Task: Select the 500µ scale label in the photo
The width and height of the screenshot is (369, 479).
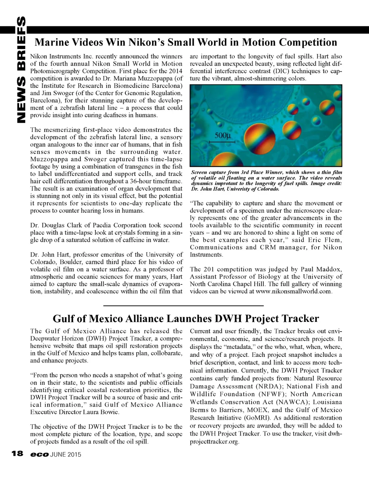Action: coord(222,136)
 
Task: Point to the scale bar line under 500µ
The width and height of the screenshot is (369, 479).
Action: coord(222,142)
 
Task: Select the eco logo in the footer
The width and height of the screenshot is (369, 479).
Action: coord(39,454)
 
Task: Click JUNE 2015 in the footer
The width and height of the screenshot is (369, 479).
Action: coord(66,454)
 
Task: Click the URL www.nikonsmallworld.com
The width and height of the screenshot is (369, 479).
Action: coord(293,291)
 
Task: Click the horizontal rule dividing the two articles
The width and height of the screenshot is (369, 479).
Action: coord(183,306)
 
